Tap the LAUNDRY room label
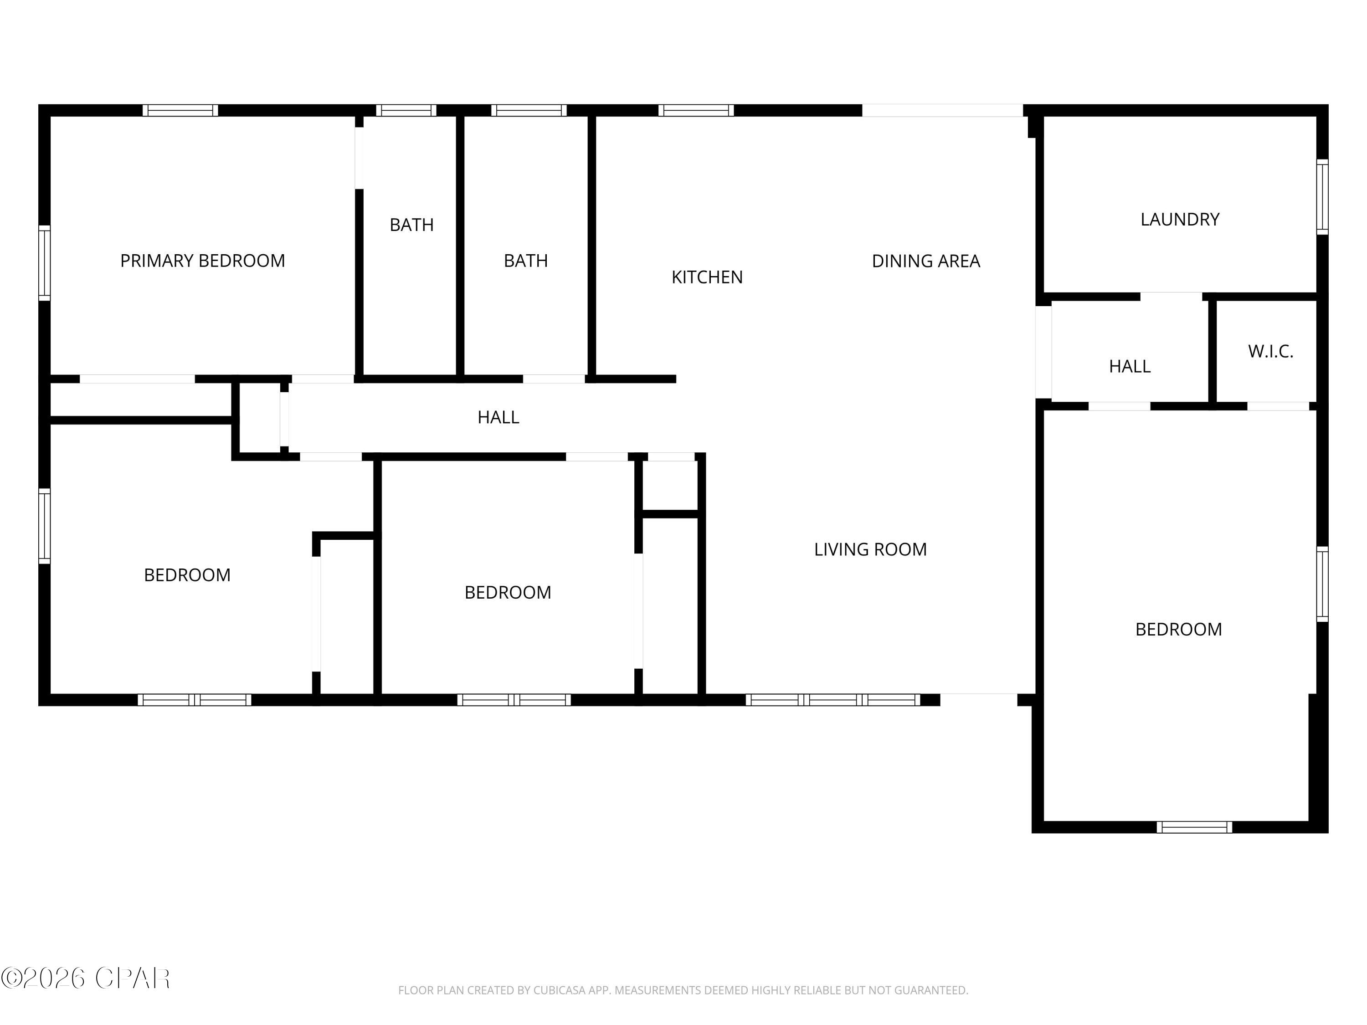click(1179, 219)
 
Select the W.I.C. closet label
click(1270, 352)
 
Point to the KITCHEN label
click(707, 277)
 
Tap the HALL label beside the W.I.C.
click(1129, 366)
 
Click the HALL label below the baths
click(498, 418)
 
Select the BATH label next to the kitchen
click(525, 261)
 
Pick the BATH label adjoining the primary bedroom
click(411, 225)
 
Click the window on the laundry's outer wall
click(1322, 196)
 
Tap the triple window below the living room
click(833, 700)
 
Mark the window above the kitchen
click(696, 111)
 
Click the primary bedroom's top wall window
click(180, 111)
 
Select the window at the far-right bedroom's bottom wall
click(1194, 827)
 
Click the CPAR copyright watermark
click(85, 978)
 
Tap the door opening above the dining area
click(942, 111)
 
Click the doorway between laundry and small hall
click(1171, 297)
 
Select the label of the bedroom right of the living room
click(1178, 630)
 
